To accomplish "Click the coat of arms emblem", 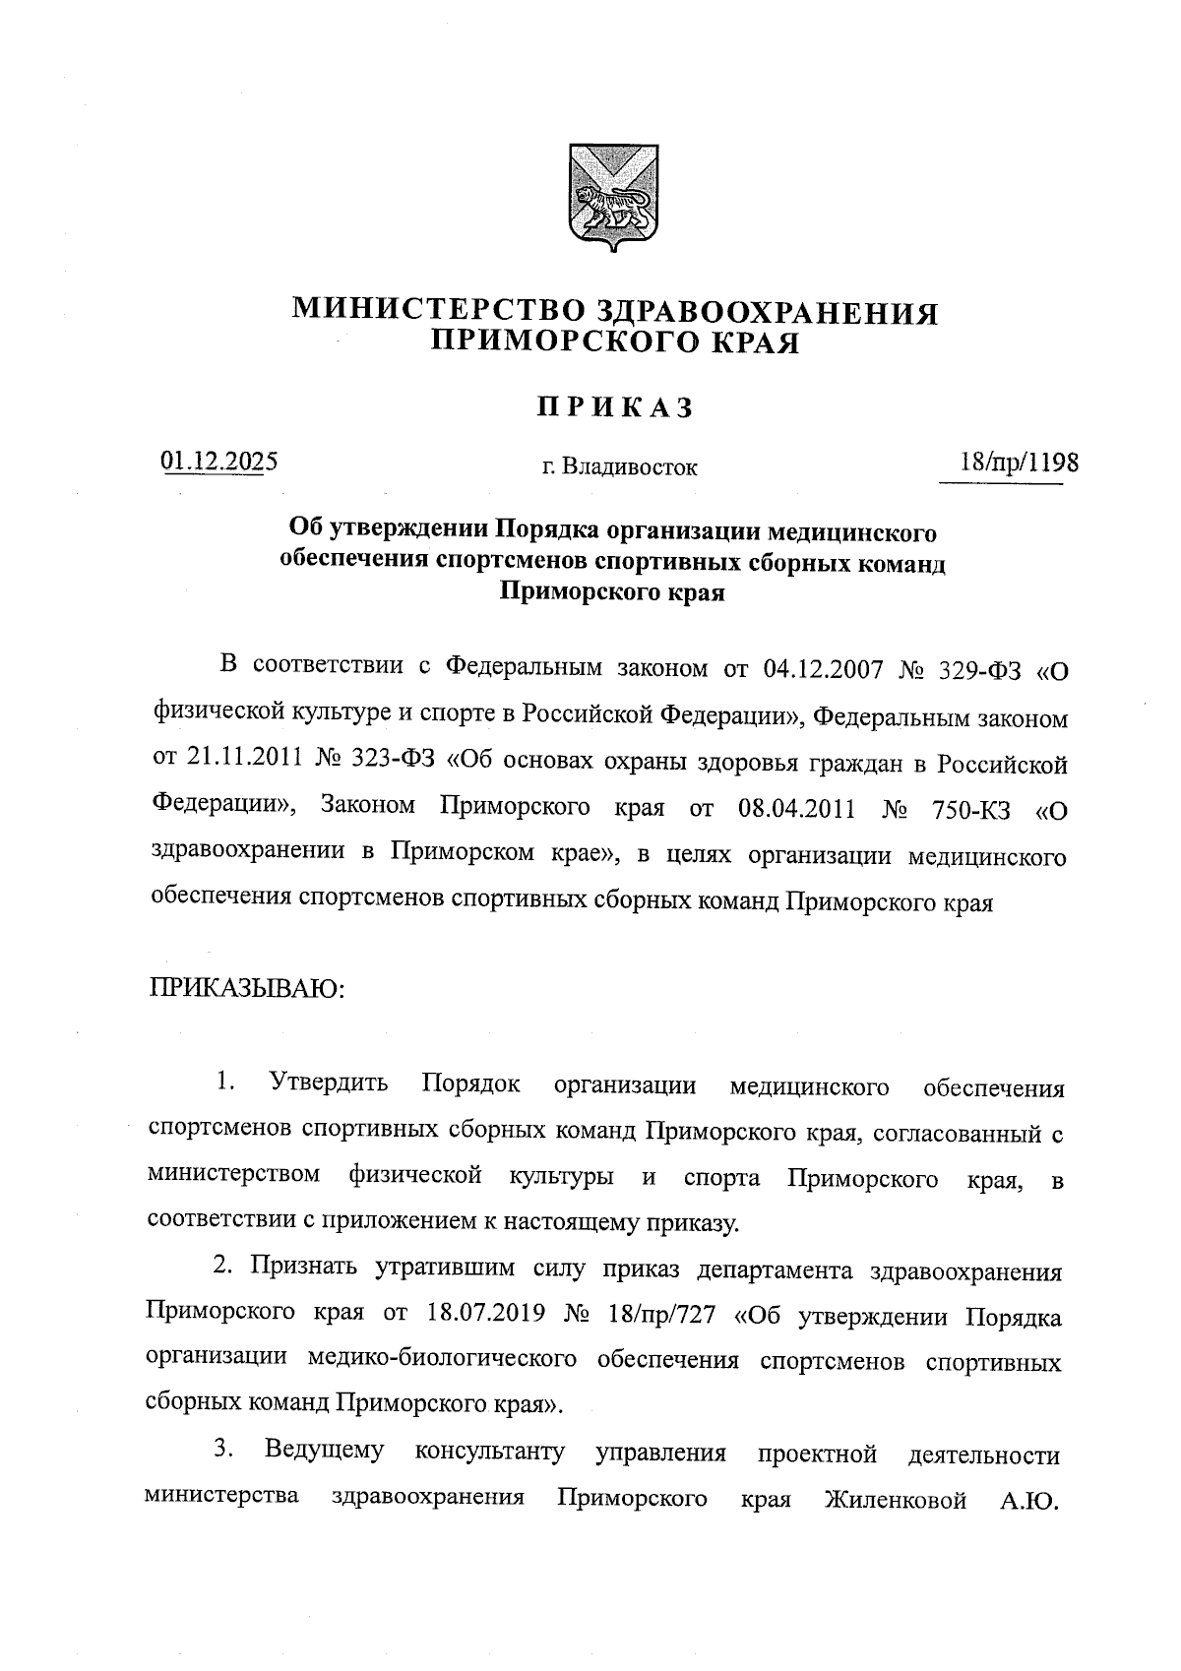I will click(x=615, y=197).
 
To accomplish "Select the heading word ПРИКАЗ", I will click(x=615, y=407).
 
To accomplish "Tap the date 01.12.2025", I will click(x=219, y=461).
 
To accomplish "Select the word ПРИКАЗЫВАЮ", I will click(x=245, y=986).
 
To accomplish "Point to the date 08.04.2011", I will click(x=794, y=810).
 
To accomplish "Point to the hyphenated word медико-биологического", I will click(x=442, y=1360).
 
